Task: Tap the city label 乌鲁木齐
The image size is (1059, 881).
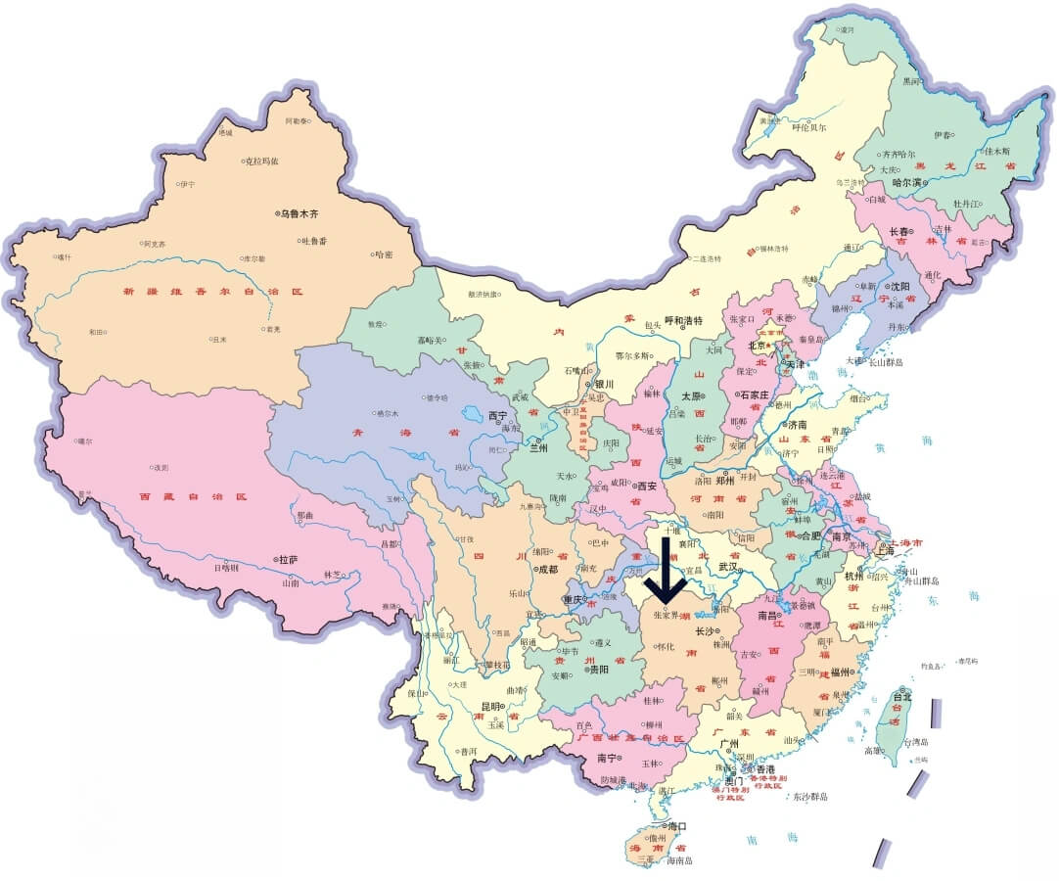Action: (299, 213)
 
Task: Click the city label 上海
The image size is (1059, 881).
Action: (885, 551)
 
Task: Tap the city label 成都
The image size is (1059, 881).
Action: (545, 568)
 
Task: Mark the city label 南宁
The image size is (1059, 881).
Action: (607, 759)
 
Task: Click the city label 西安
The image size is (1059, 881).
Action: (645, 486)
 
